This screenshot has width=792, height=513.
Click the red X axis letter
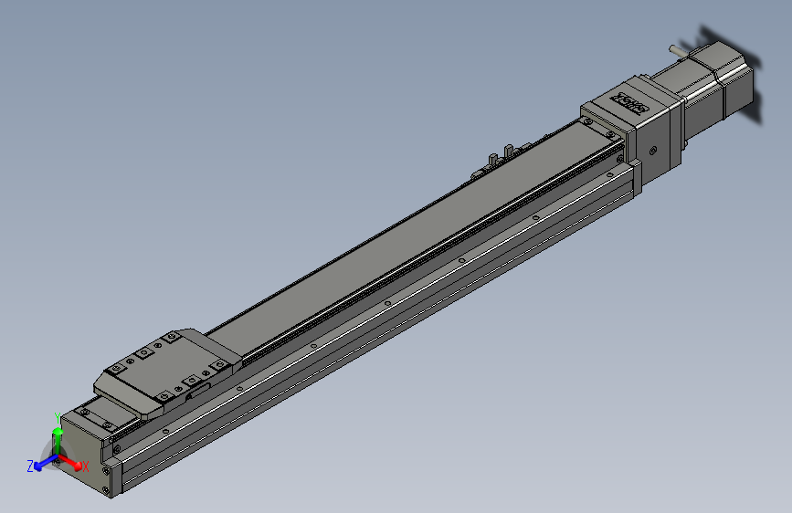pyautogui.click(x=85, y=466)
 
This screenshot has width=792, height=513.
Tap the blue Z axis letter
pyautogui.click(x=30, y=466)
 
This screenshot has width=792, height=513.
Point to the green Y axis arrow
pyautogui.click(x=58, y=437)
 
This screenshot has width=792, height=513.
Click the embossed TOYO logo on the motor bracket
pyautogui.click(x=629, y=99)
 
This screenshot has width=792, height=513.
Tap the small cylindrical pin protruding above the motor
pyautogui.click(x=677, y=46)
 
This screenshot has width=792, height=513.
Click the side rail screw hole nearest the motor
pyautogui.click(x=535, y=217)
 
